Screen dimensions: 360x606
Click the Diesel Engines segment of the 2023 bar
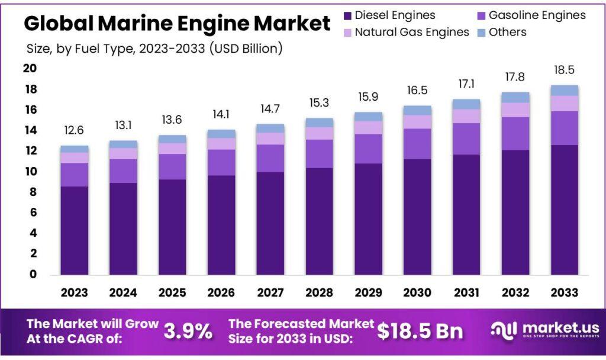click(75, 231)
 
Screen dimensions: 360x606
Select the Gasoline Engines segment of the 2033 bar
click(564, 128)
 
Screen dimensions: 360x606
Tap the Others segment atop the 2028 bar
click(320, 123)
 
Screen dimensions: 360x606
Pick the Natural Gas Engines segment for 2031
click(466, 116)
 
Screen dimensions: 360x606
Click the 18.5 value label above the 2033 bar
click(564, 70)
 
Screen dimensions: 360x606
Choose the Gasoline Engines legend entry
click(537, 15)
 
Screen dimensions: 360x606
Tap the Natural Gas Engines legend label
click(412, 32)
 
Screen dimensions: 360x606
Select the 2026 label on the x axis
click(221, 292)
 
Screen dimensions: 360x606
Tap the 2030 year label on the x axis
click(417, 292)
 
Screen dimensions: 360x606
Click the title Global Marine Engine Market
click(177, 24)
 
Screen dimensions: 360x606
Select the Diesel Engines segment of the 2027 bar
click(270, 224)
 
